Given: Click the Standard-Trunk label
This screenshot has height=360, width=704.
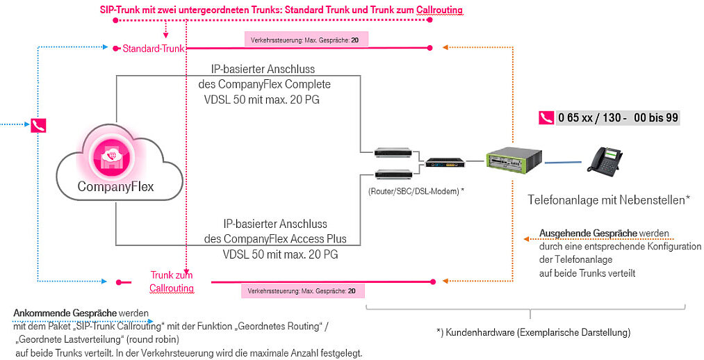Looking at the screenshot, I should (154, 49).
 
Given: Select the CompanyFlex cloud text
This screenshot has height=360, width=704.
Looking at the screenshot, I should (115, 186).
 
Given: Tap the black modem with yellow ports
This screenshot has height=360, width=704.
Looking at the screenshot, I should (445, 163).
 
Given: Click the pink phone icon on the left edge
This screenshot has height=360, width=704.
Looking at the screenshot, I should (38, 125).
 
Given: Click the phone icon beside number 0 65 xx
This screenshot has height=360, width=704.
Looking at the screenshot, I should (546, 117).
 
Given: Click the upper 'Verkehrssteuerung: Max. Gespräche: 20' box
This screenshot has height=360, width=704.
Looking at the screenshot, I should (305, 40).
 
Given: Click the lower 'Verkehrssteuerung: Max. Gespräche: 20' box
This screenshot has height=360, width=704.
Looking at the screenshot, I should (302, 291).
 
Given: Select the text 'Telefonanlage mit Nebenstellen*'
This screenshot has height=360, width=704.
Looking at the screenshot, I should (609, 200).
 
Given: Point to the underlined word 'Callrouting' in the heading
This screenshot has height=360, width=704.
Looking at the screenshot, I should (439, 10).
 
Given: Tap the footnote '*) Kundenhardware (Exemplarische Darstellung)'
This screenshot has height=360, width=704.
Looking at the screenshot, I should (533, 333).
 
